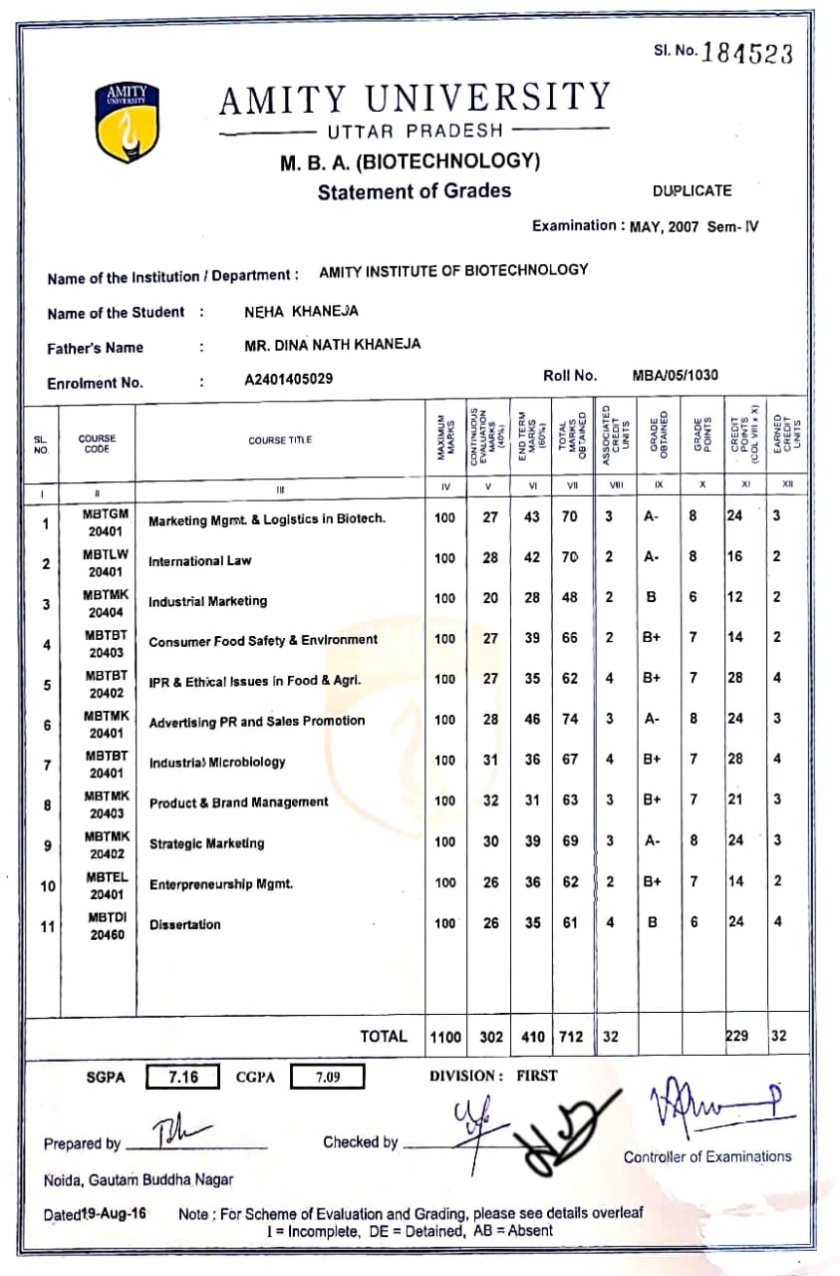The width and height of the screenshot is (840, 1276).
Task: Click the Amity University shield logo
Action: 128,124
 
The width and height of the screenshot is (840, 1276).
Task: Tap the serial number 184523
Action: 747,53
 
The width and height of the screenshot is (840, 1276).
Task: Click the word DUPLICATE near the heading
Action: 692,190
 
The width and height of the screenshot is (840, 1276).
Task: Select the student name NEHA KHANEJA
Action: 301,311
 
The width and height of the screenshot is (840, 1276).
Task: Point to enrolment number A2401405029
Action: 289,380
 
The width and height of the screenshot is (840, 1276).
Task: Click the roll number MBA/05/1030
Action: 675,376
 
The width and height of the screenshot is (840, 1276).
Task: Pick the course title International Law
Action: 199,561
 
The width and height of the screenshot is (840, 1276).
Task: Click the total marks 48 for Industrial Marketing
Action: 569,598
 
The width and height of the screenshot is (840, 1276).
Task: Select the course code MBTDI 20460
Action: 106,925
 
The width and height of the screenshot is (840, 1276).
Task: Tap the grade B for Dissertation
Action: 653,922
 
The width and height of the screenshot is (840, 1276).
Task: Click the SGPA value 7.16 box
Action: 183,1077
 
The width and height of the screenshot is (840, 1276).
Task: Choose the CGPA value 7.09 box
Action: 328,1077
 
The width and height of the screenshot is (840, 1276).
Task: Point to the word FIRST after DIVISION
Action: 537,1076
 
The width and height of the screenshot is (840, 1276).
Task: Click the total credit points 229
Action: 736,1036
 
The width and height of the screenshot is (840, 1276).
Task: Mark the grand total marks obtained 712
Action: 570,1037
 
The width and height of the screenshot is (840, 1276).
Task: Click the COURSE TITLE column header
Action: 280,440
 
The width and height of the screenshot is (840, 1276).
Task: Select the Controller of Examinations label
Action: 707,1156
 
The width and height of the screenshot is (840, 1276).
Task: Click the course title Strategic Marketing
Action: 206,843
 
